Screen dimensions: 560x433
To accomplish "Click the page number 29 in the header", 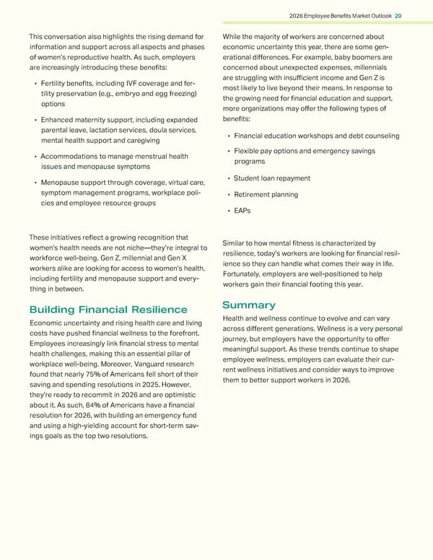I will (399, 16).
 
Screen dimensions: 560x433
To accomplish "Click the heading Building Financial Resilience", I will (108, 310).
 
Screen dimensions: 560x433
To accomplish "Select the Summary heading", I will (249, 305).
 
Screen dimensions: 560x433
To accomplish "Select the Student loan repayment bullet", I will (272, 178).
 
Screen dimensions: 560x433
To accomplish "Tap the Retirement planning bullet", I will (266, 195).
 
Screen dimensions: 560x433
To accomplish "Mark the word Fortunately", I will (247, 275).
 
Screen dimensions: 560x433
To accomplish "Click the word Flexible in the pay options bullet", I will (248, 152).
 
